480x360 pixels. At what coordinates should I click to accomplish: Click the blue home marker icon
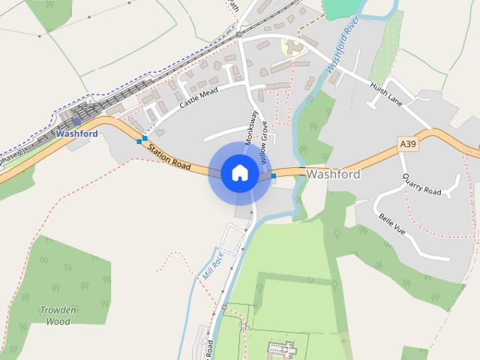pos(239,172)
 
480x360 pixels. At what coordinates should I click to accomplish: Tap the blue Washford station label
pos(76,133)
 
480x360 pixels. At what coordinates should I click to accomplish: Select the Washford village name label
pos(333,174)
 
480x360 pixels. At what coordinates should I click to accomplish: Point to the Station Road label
pos(169,155)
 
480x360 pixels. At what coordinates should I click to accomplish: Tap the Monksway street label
pos(253,127)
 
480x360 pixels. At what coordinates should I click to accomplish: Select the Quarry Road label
pos(421,185)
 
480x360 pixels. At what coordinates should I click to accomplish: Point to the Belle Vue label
pos(391,225)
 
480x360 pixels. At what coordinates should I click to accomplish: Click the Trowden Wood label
pos(58,315)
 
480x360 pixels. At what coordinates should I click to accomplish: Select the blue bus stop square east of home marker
pos(274,175)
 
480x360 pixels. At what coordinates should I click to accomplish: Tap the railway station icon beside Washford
pos(77,121)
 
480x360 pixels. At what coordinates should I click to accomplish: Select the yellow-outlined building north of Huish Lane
pos(293,46)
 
